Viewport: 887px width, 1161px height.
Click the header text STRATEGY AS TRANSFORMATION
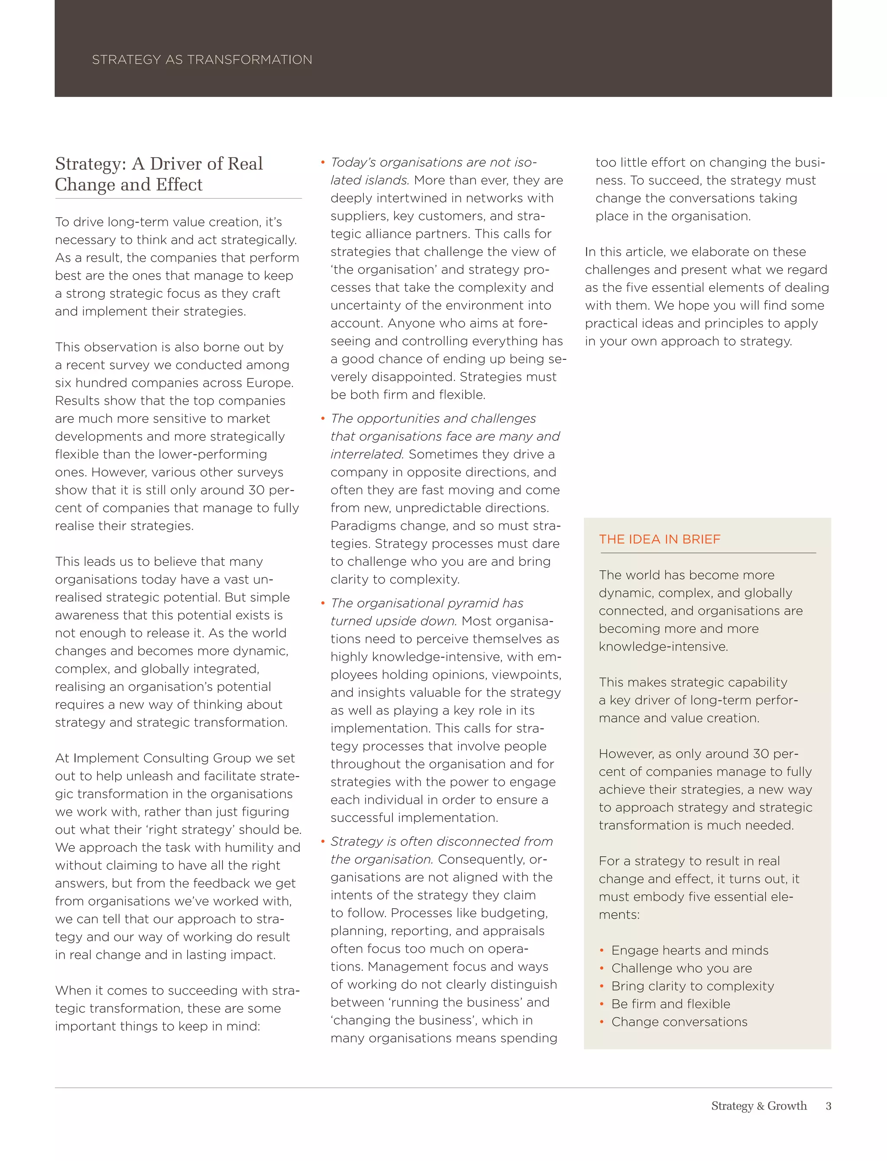(x=202, y=60)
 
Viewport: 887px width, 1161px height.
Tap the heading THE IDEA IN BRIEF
(x=660, y=539)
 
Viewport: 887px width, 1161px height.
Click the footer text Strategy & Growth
(x=759, y=1106)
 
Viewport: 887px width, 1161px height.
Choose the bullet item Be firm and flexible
(x=670, y=1004)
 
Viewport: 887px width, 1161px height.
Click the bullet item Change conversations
(x=679, y=1022)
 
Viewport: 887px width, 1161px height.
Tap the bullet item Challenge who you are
(x=681, y=968)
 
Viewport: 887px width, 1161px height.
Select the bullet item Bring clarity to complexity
(x=692, y=986)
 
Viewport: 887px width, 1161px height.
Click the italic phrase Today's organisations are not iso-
(x=433, y=162)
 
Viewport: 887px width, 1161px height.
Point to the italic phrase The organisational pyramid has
(x=427, y=603)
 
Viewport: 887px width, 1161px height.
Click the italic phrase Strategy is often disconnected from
(x=441, y=841)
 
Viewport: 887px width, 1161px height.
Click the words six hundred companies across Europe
(x=174, y=383)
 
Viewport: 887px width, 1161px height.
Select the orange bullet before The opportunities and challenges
(x=322, y=419)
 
